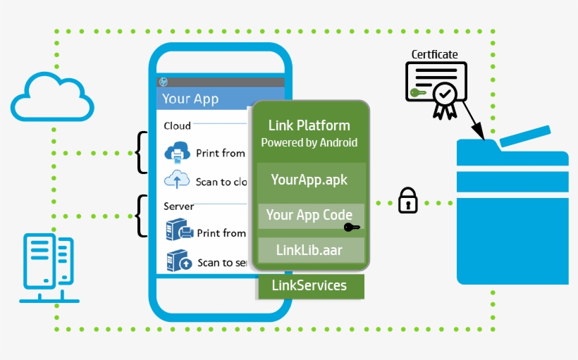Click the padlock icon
click(x=408, y=201)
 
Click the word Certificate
click(x=435, y=54)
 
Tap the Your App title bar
click(x=204, y=99)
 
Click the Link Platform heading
click(x=309, y=125)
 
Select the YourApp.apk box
click(x=309, y=179)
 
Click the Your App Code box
click(x=309, y=215)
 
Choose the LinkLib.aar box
click(x=309, y=250)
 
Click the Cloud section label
click(x=177, y=125)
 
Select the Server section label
click(x=178, y=206)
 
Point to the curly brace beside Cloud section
click(x=142, y=152)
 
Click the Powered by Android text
click(x=309, y=142)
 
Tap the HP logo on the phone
click(x=164, y=82)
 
